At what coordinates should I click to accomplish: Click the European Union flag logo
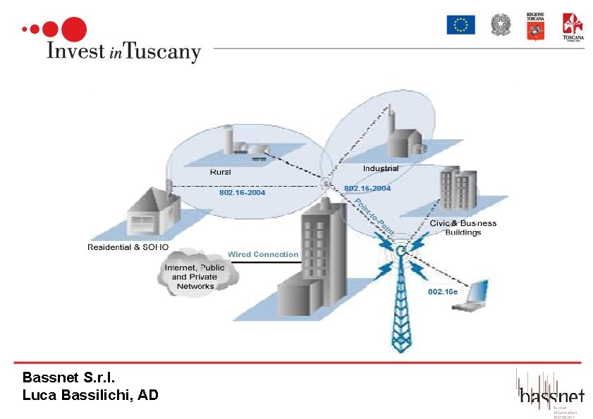(x=460, y=25)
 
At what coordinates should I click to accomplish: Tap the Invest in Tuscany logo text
(x=123, y=51)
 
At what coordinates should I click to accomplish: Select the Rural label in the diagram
(x=221, y=171)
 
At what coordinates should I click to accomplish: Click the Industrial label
(x=381, y=168)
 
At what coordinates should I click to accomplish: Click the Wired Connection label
(x=263, y=254)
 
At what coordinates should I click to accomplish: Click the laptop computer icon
(x=472, y=296)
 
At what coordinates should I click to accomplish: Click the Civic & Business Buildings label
(x=463, y=227)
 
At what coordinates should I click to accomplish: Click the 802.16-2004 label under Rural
(x=242, y=192)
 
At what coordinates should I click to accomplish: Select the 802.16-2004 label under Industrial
(x=367, y=189)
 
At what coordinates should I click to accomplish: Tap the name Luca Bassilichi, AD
(x=90, y=395)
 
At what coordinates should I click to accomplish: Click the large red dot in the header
(x=75, y=29)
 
